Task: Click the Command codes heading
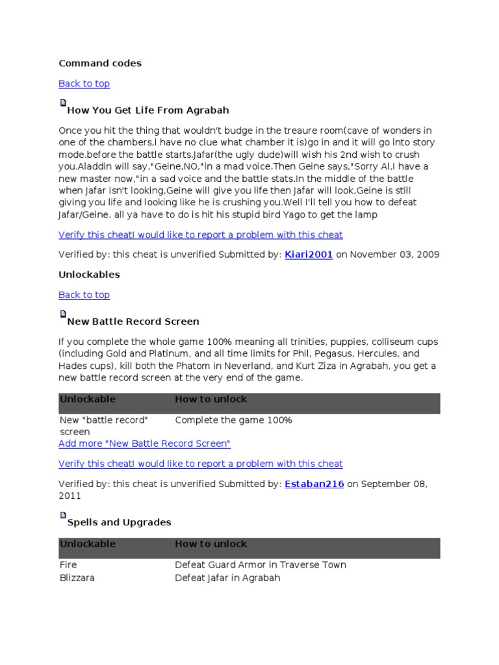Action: pos(100,63)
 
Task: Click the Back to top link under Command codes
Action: pos(84,84)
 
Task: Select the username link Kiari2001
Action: pos(309,255)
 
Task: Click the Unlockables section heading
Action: pos(89,275)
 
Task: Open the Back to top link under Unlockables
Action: pos(84,295)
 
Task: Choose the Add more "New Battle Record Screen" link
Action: pos(144,444)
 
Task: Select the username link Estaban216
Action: pos(314,484)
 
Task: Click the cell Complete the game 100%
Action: pos(233,420)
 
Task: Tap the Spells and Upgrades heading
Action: pos(120,522)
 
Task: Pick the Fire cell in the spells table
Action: pos(68,565)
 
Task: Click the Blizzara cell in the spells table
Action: pos(77,577)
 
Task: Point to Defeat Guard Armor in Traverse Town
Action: pos(261,565)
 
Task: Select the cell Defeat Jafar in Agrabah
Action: pos(227,577)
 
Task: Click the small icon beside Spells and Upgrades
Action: pos(63,515)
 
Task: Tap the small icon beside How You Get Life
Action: pos(63,103)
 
